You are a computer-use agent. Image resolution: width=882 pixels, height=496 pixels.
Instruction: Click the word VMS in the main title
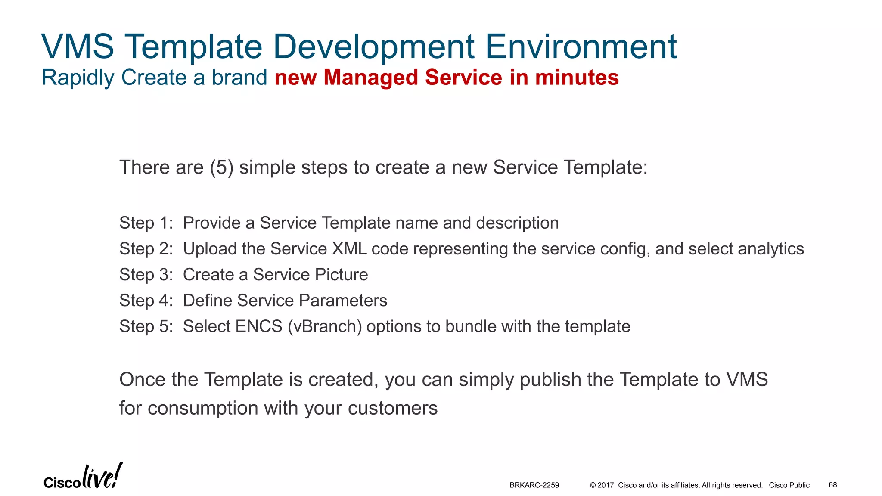pyautogui.click(x=78, y=46)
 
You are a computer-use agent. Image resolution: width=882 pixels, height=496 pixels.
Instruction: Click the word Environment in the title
pyautogui.click(x=581, y=46)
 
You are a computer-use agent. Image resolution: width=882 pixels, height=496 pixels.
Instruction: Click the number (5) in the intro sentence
pyautogui.click(x=222, y=167)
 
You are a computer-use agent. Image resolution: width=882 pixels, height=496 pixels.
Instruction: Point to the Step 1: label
pyautogui.click(x=146, y=223)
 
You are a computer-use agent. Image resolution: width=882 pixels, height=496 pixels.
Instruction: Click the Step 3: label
pyautogui.click(x=146, y=275)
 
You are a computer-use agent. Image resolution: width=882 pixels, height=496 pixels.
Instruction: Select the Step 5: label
pyautogui.click(x=146, y=326)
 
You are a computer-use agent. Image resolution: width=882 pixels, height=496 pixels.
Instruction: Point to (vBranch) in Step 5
pyautogui.click(x=325, y=326)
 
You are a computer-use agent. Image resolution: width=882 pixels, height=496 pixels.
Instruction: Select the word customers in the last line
pyautogui.click(x=392, y=408)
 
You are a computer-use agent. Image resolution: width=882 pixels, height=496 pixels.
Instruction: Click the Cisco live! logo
pyautogui.click(x=83, y=477)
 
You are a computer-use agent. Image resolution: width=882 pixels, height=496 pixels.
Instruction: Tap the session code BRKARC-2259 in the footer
pyautogui.click(x=534, y=485)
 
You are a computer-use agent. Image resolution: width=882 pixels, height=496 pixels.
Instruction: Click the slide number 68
pyautogui.click(x=832, y=485)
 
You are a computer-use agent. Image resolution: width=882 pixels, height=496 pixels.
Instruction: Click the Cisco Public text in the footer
pyautogui.click(x=789, y=485)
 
